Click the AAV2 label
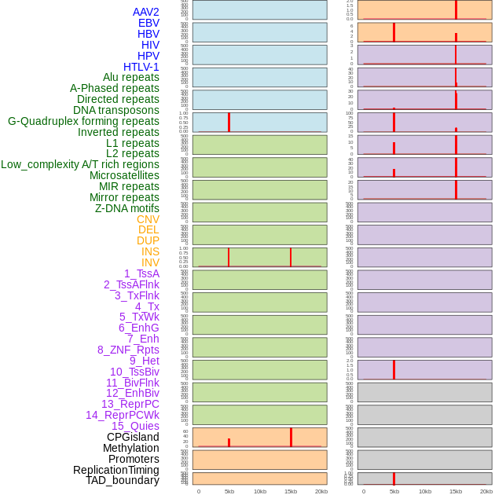pyautogui.click(x=145, y=12)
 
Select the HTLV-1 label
pyautogui.click(x=141, y=67)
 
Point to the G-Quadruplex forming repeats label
pyautogui.click(x=83, y=121)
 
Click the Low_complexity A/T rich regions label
pyautogui.click(x=80, y=164)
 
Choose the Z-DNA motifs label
pyautogui.click(x=126, y=208)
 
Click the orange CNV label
pyautogui.click(x=148, y=219)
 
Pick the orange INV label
pyautogui.click(x=150, y=262)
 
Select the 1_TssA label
pyautogui.click(x=141, y=273)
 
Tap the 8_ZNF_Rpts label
pyautogui.click(x=128, y=350)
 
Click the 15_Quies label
pyautogui.click(x=135, y=426)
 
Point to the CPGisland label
pyautogui.click(x=133, y=437)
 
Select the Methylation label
pyautogui.click(x=130, y=448)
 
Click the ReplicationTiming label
pyautogui.click(x=115, y=470)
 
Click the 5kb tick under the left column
pyautogui.click(x=229, y=491)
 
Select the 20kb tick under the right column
pyautogui.click(x=486, y=491)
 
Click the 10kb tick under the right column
pyautogui.click(x=425, y=491)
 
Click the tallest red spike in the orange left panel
pyautogui.click(x=291, y=437)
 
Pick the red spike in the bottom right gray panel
pyautogui.click(x=394, y=478)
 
